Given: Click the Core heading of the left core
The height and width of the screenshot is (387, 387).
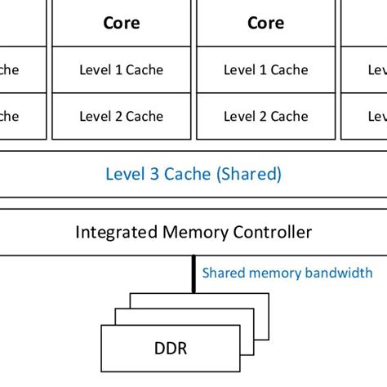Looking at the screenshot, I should (x=121, y=23).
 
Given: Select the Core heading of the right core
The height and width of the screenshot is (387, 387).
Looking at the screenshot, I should (x=265, y=23).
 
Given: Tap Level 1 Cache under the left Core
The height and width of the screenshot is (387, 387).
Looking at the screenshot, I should (x=121, y=70).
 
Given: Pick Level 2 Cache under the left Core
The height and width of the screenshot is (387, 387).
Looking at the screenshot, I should (x=121, y=117).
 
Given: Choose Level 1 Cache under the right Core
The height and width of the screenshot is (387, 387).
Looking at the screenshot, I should (x=265, y=70).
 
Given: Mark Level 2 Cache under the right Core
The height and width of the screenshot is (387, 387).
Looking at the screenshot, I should (x=265, y=117).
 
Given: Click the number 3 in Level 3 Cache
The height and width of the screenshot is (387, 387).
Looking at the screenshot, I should (x=147, y=174).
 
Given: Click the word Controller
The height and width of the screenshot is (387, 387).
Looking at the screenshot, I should (x=274, y=233).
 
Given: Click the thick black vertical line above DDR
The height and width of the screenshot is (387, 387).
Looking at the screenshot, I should (x=193, y=274).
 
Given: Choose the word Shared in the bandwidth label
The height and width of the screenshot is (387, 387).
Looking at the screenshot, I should (x=223, y=274).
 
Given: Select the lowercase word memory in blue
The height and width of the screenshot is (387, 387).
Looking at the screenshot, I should (x=275, y=274).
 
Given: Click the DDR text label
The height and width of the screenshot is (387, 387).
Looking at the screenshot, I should (x=171, y=349).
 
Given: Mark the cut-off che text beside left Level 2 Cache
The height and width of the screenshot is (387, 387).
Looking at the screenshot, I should (x=8, y=117).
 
